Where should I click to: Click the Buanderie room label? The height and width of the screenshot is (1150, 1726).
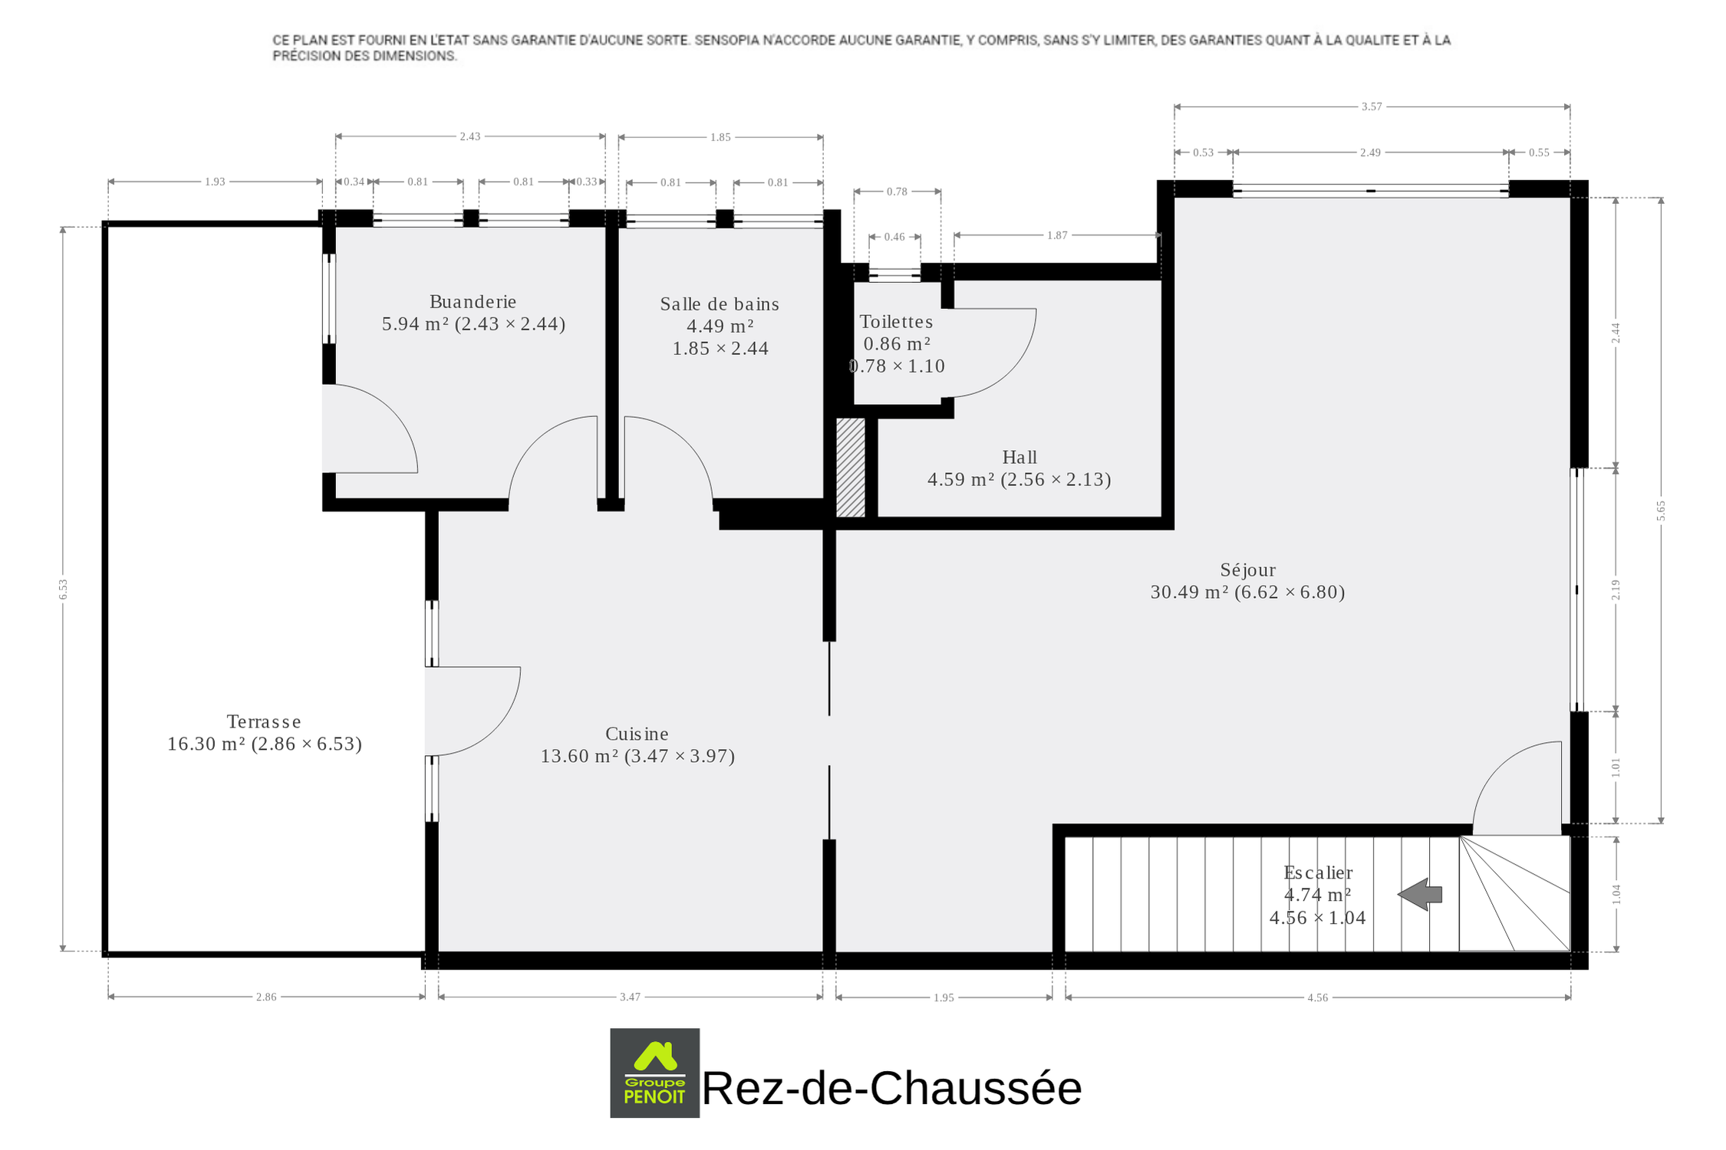click(473, 302)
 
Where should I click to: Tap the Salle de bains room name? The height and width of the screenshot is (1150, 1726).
click(720, 304)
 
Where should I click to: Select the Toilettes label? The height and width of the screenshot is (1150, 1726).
click(896, 322)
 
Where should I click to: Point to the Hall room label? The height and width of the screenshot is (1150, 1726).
click(1019, 458)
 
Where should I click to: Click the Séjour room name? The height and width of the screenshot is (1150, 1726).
click(1248, 570)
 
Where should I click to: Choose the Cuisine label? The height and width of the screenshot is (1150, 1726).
click(637, 734)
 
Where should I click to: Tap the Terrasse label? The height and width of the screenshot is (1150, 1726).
click(264, 721)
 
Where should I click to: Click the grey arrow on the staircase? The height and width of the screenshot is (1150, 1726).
click(1420, 894)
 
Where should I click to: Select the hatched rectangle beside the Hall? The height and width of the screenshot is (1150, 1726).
click(851, 468)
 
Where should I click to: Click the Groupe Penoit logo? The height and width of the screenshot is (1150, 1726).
click(654, 1073)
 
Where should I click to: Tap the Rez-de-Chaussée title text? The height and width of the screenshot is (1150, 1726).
click(891, 1088)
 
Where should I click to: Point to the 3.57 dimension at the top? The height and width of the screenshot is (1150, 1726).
click(1372, 107)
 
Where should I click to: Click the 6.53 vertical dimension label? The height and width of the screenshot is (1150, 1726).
click(64, 589)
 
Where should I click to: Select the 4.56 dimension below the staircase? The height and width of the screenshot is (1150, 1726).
click(1317, 997)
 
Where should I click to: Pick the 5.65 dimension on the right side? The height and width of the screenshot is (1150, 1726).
click(1661, 511)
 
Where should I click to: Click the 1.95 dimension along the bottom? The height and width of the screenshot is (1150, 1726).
click(944, 997)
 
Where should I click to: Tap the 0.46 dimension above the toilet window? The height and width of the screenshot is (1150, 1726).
click(894, 237)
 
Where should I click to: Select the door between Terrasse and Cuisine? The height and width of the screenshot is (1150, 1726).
click(473, 711)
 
